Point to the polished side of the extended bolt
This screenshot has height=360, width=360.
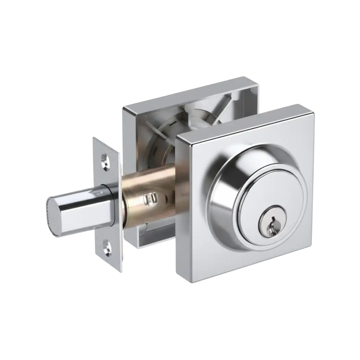click(x=82, y=206)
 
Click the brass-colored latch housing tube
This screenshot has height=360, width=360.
click(x=151, y=192)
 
